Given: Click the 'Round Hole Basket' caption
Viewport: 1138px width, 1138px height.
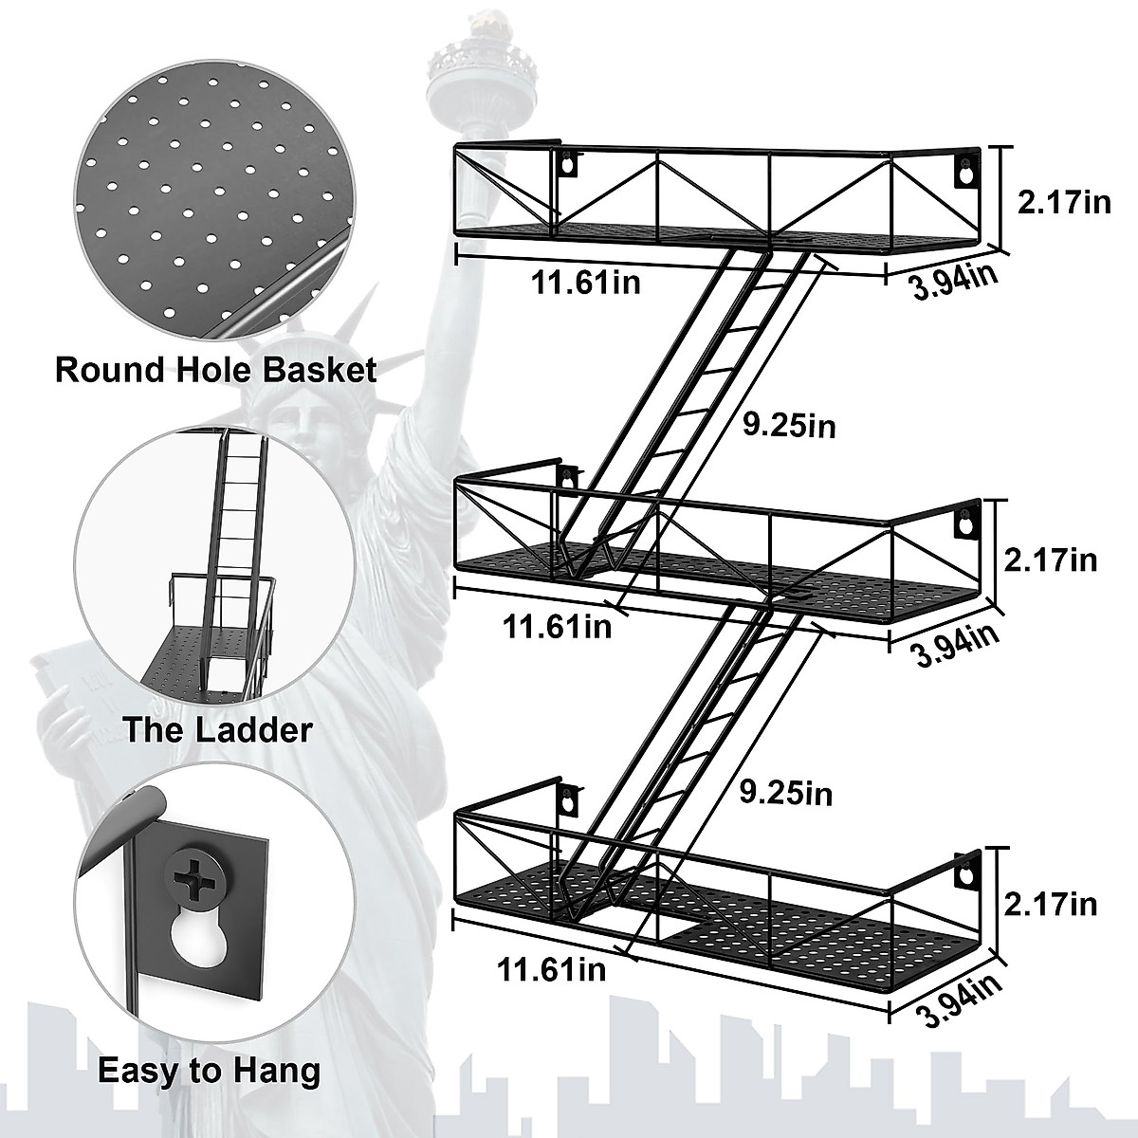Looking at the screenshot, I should [216, 369].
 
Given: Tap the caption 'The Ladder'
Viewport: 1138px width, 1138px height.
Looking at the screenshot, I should [216, 729].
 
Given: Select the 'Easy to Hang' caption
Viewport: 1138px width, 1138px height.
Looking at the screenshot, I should [209, 1072].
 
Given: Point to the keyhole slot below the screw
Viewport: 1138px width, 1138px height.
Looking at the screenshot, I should [201, 939].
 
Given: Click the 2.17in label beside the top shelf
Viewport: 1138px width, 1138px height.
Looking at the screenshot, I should [1063, 202].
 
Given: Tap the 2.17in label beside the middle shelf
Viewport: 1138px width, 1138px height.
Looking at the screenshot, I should [1051, 560].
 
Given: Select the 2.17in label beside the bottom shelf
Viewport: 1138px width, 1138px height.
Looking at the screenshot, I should [1051, 904].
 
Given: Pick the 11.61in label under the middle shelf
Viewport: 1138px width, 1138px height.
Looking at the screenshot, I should [557, 627].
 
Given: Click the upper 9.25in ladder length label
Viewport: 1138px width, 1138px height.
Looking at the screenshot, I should [789, 426].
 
